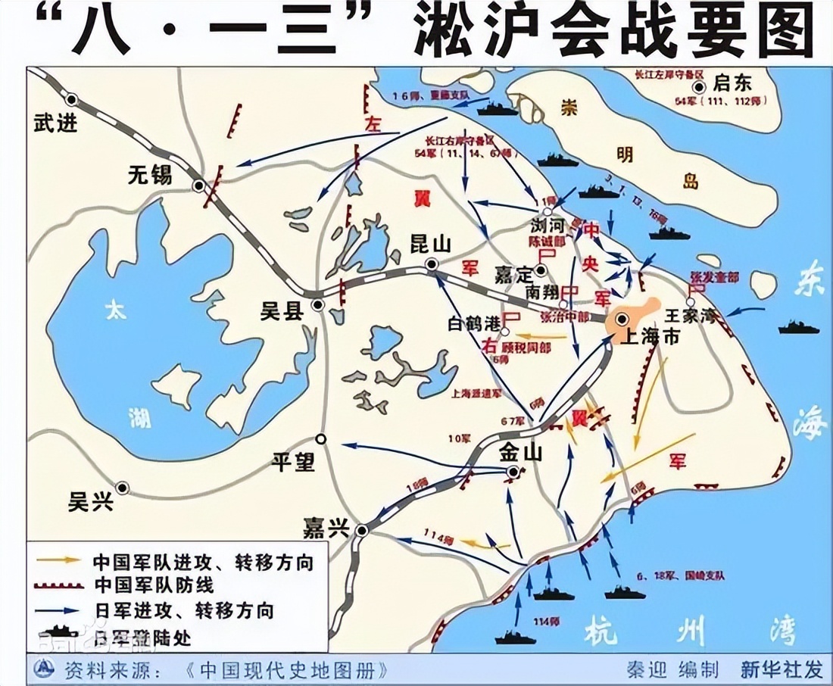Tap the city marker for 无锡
click(198, 186)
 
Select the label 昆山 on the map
click(430, 244)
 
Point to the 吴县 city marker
click(318, 304)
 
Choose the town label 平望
click(294, 460)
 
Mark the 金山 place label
click(521, 453)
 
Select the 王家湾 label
click(690, 316)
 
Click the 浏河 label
click(550, 225)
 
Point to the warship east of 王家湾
click(799, 328)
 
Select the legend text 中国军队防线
click(154, 585)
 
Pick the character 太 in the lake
click(116, 310)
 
